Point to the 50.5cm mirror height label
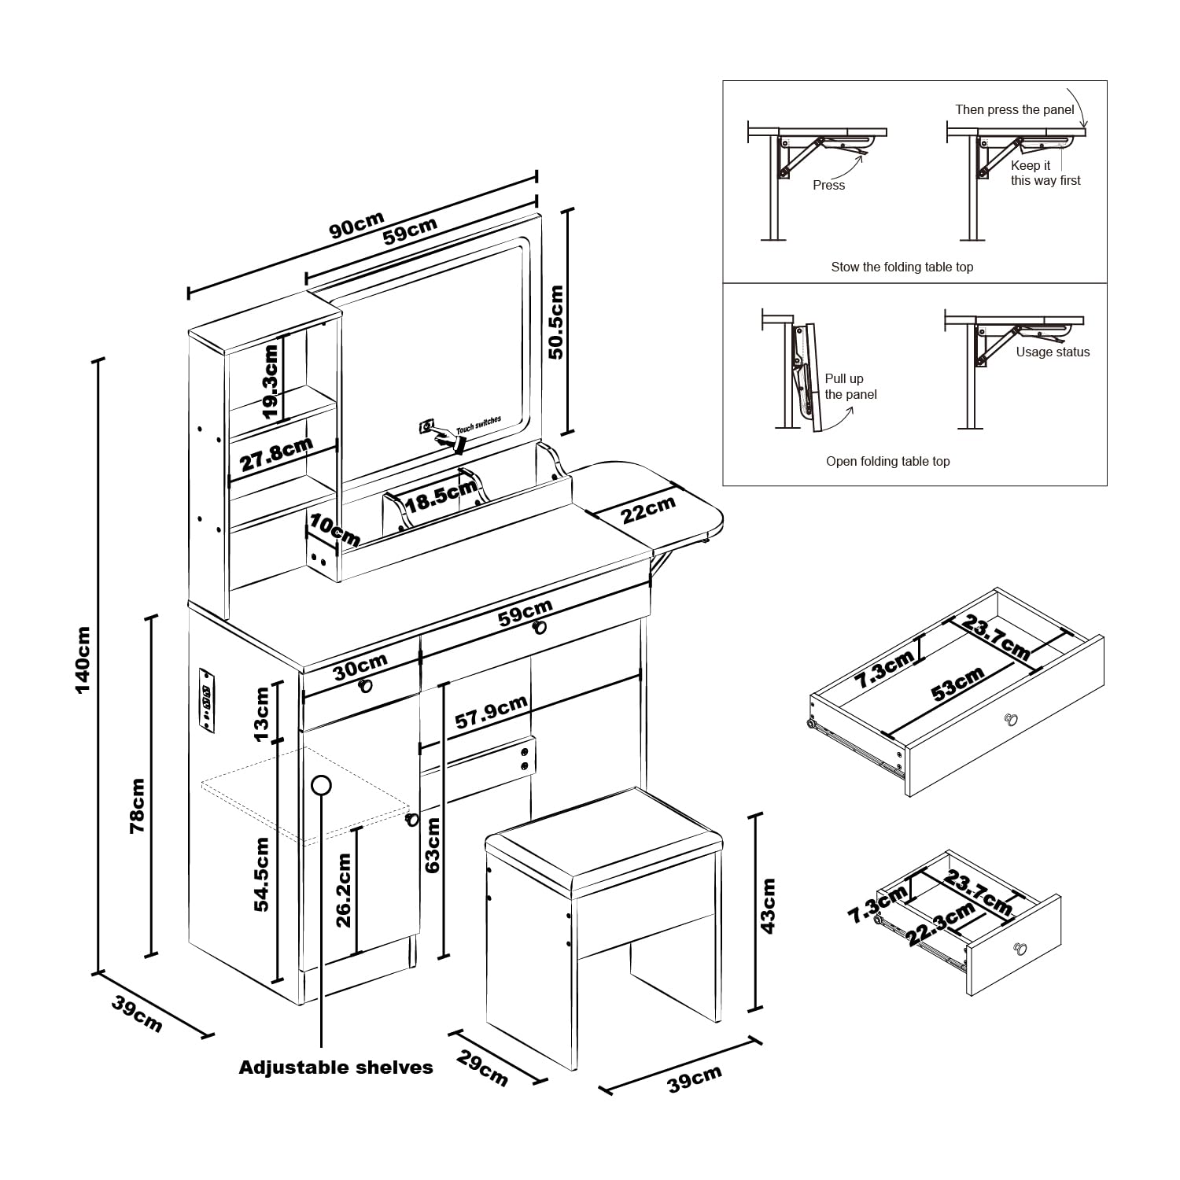(555, 323)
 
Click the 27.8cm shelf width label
(276, 455)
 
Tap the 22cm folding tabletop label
(648, 510)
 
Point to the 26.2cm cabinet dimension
(344, 891)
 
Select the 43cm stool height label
(769, 905)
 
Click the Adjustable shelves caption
(336, 1068)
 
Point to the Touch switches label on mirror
(478, 425)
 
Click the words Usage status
(1053, 352)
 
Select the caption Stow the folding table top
(902, 267)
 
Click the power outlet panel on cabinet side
(206, 699)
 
